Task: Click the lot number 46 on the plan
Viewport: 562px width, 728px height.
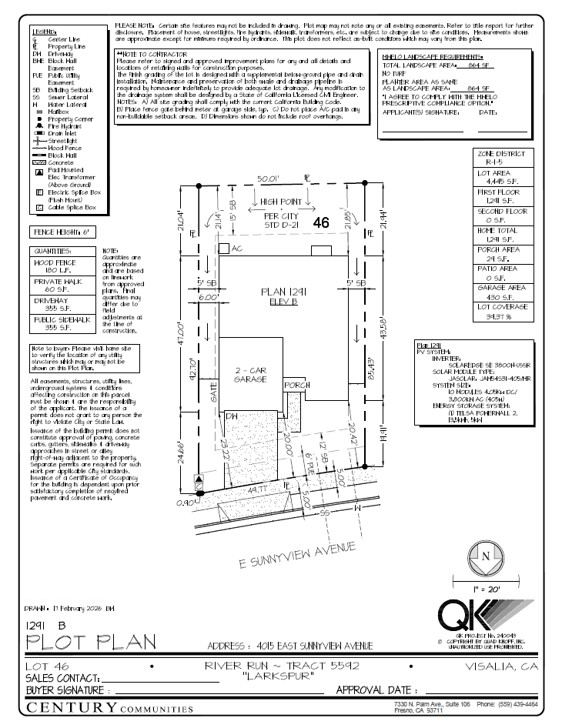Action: point(321,222)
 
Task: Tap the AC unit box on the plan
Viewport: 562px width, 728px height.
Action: point(224,249)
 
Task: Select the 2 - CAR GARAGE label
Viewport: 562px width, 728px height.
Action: point(250,375)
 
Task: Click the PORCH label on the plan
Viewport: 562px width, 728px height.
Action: point(296,385)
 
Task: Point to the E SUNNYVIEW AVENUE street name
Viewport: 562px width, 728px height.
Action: point(298,556)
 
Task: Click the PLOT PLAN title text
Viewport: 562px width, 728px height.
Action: point(91,641)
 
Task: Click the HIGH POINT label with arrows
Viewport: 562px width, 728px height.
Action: point(279,202)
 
